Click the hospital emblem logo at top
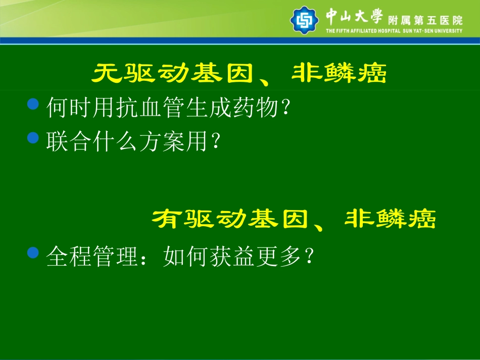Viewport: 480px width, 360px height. [x=304, y=20]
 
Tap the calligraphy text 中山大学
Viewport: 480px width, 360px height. [x=354, y=16]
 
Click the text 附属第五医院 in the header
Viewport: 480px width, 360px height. [x=425, y=21]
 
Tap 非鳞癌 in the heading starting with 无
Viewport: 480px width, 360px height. [x=339, y=75]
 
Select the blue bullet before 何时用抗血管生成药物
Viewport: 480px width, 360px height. [x=33, y=105]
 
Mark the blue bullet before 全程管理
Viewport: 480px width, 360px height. [x=33, y=252]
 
